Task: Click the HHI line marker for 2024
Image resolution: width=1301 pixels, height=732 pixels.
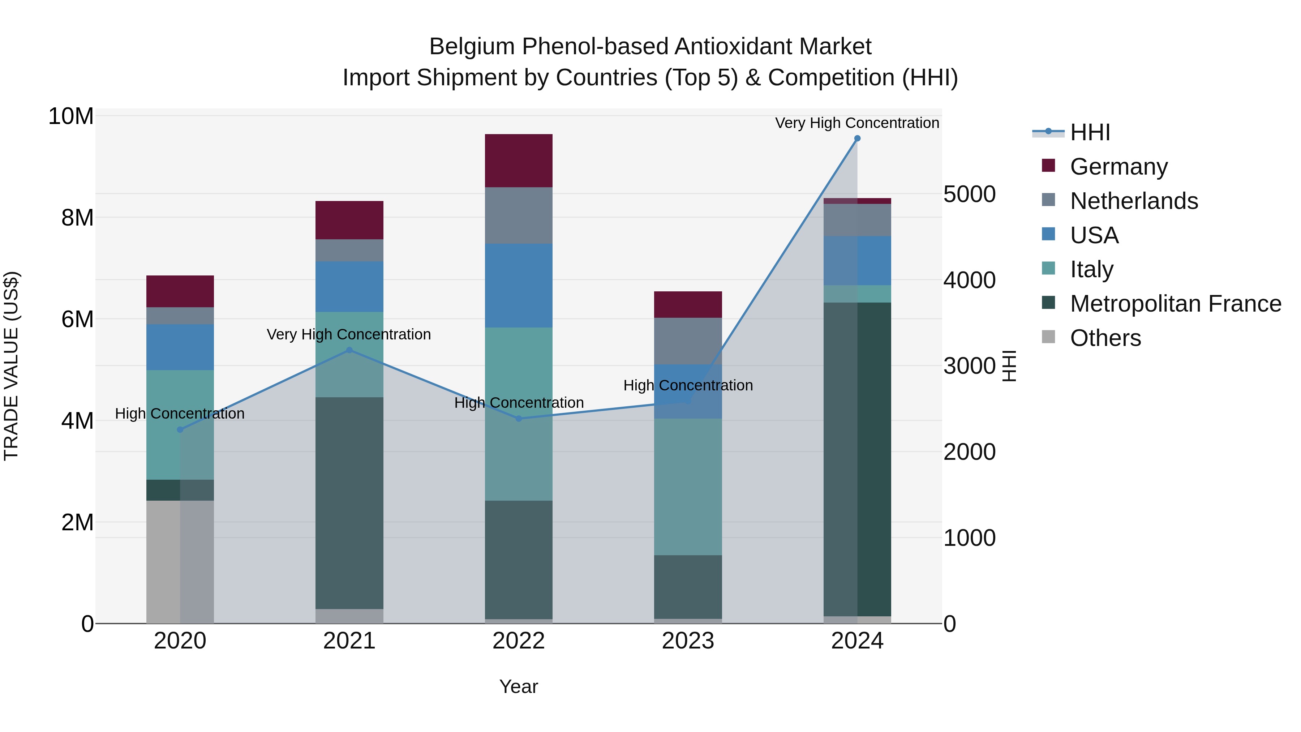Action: [857, 138]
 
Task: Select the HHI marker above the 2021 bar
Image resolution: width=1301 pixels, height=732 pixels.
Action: [349, 350]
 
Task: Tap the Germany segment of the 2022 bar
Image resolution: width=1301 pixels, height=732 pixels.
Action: [518, 160]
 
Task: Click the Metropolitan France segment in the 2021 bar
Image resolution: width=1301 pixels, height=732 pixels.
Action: [349, 503]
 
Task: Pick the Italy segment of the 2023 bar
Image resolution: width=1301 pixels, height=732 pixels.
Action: [687, 487]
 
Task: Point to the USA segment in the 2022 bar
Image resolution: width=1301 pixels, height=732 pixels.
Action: [518, 286]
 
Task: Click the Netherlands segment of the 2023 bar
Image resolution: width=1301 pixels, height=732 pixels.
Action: [687, 341]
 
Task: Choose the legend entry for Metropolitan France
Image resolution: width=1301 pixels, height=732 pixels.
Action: [1175, 304]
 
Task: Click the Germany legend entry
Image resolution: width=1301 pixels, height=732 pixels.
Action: [1118, 167]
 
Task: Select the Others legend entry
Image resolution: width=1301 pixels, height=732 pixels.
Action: [1105, 338]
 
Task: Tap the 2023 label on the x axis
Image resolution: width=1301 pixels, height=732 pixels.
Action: [687, 641]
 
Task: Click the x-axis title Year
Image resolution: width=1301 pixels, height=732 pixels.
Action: [518, 686]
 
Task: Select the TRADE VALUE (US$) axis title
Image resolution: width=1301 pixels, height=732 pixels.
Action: [11, 366]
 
